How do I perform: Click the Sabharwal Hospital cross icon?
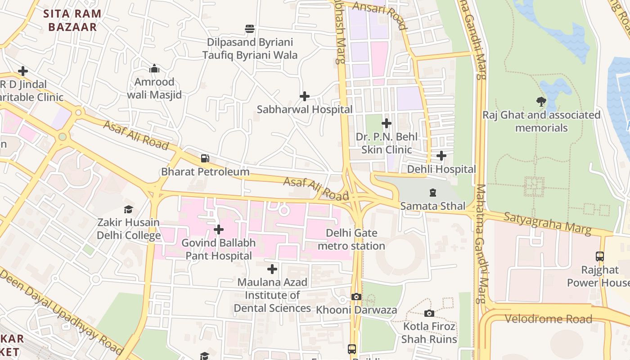[x=305, y=96]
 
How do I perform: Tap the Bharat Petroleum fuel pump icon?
[x=205, y=158]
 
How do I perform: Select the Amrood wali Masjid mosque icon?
[x=154, y=69]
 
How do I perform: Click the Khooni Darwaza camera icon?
[x=356, y=297]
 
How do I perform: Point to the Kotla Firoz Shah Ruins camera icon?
[x=429, y=313]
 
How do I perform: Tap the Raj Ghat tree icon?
[x=541, y=102]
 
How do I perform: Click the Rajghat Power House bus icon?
[x=600, y=256]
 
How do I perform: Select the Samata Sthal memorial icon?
[x=432, y=193]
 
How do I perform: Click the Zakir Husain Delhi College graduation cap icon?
[x=129, y=209]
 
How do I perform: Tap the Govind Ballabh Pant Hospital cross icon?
[x=219, y=229]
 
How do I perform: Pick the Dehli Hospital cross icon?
[x=441, y=156]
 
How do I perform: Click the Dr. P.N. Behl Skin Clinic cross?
[x=387, y=123]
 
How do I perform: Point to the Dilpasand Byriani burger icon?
[x=250, y=29]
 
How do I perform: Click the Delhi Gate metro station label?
[x=351, y=239]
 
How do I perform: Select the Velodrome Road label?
[x=548, y=319]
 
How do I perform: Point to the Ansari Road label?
[x=380, y=14]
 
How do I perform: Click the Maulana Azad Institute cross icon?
[x=272, y=270]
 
